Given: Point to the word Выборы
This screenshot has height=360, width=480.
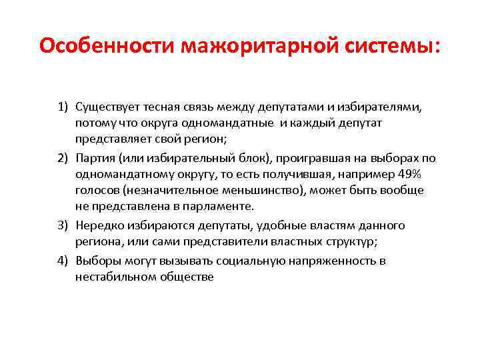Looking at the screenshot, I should click(x=97, y=260).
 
